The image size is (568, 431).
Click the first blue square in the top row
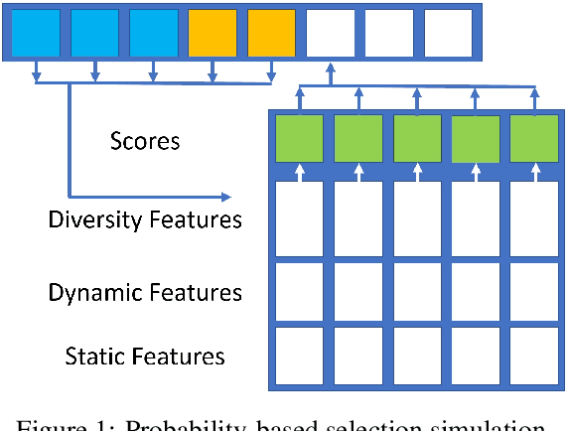[36, 33]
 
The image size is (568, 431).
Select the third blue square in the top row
[154, 33]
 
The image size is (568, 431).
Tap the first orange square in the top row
[213, 33]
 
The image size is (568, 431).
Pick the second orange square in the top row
[271, 33]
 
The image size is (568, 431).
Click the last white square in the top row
[449, 33]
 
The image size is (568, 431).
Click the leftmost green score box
[299, 138]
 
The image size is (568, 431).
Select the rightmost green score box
[534, 138]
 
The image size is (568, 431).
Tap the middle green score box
[417, 138]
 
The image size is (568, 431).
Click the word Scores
[145, 141]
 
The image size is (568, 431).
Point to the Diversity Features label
[145, 219]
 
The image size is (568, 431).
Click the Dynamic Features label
[145, 293]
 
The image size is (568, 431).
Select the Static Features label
[145, 356]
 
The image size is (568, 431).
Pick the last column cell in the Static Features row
[534, 355]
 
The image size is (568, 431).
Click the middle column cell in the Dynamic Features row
[417, 292]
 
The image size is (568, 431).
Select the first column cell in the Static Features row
[299, 355]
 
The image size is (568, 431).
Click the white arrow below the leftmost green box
[299, 174]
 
